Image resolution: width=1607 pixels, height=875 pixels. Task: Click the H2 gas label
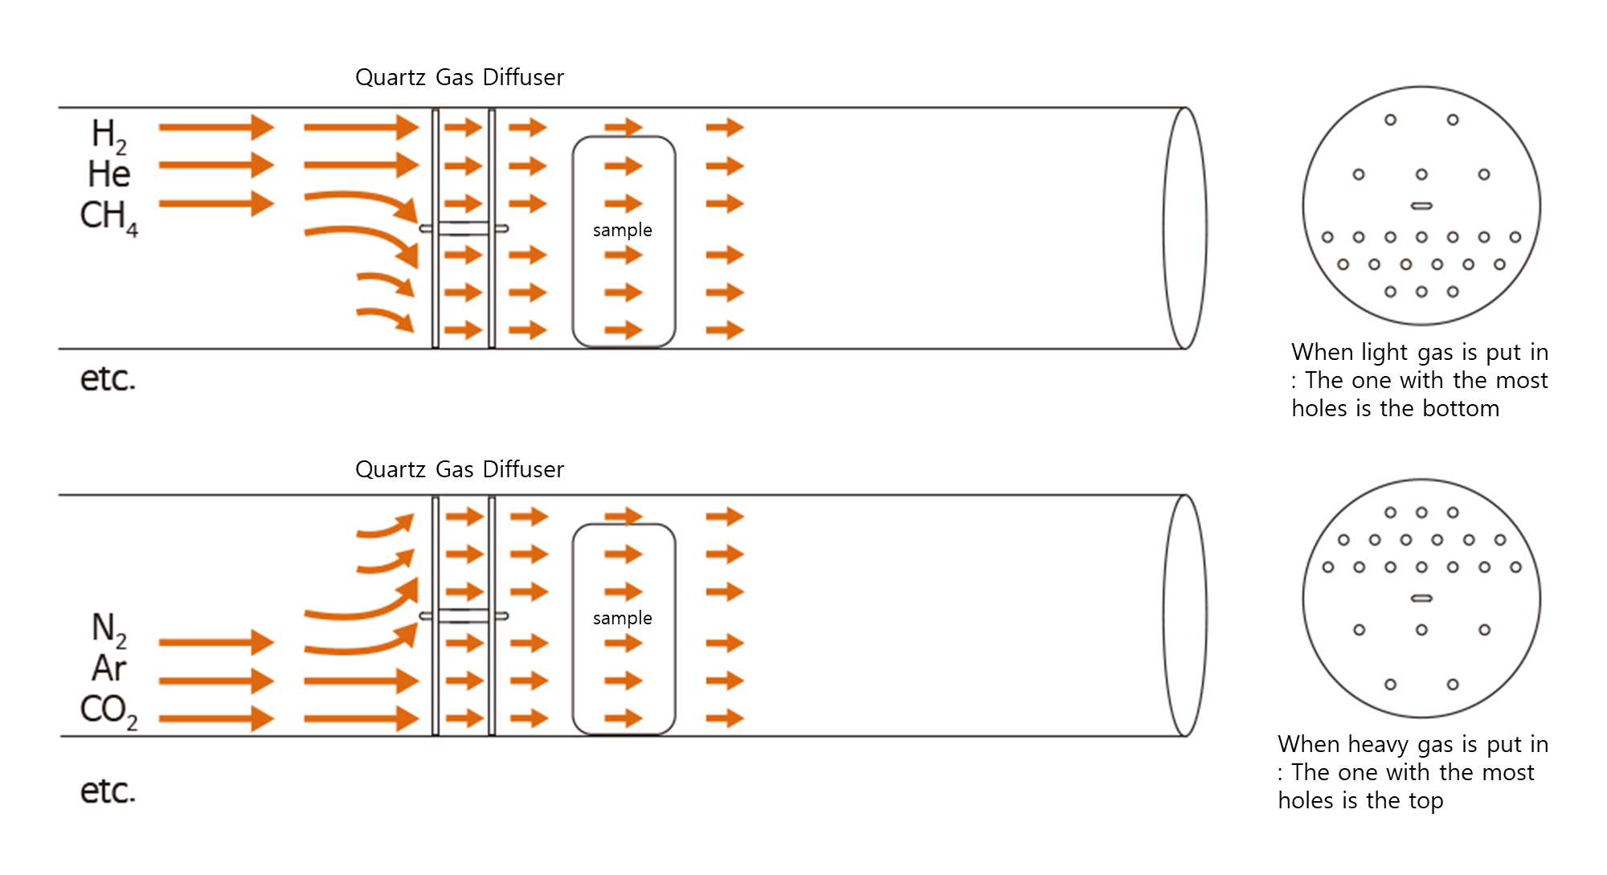coord(108,135)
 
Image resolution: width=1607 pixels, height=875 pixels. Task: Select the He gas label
coord(109,174)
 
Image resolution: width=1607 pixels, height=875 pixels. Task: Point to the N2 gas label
coord(108,629)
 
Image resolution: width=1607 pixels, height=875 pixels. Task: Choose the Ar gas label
coord(109,669)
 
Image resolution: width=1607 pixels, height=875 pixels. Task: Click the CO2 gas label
coord(108,710)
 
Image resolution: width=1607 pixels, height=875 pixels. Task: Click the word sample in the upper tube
coord(623,231)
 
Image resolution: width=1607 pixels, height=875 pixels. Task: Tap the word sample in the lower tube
coord(623,619)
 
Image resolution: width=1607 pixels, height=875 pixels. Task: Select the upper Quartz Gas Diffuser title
coord(460,77)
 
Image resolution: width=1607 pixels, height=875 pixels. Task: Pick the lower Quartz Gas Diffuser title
coord(460,469)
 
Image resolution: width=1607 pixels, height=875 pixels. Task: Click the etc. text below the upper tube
coord(108,378)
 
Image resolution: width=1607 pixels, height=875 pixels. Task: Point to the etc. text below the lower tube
coord(108,791)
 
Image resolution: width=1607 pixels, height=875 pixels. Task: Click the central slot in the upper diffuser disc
coord(1421,206)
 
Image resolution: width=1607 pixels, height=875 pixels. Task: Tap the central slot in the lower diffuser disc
coord(1421,599)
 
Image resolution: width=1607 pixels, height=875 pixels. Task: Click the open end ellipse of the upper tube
coord(1185,228)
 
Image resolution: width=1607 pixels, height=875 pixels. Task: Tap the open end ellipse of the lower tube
coord(1185,615)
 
